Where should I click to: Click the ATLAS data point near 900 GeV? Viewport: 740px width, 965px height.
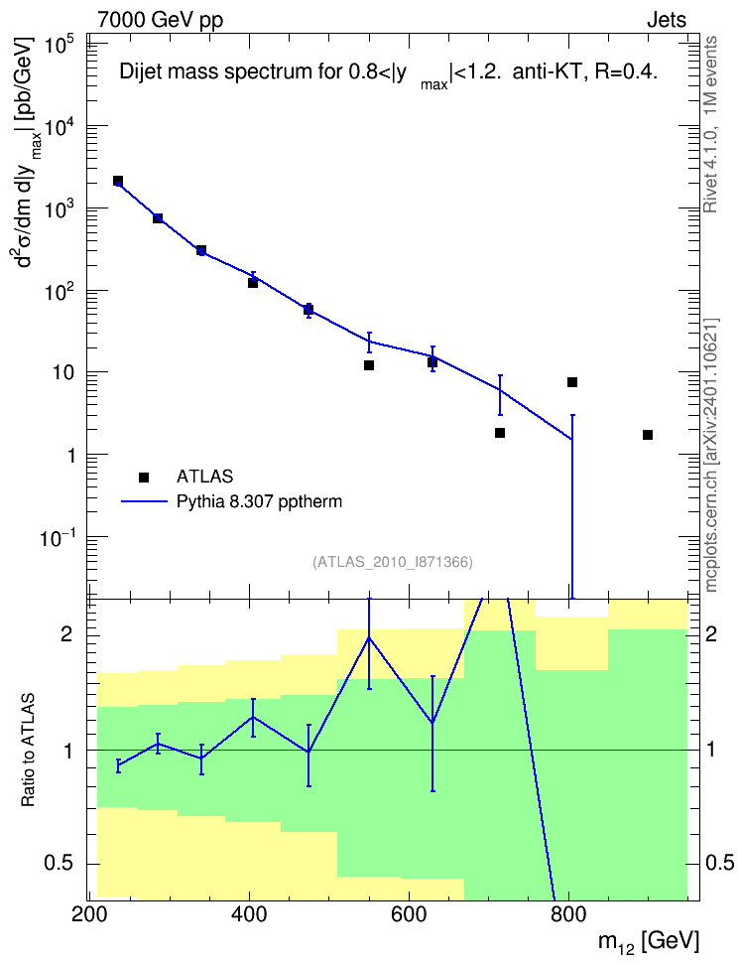click(647, 435)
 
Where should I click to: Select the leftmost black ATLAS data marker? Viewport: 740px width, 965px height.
click(118, 181)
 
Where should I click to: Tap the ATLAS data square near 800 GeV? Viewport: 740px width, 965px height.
click(572, 382)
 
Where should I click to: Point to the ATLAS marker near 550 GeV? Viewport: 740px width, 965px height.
click(369, 365)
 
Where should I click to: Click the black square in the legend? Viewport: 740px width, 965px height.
click(144, 477)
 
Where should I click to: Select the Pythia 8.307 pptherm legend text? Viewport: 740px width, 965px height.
click(259, 501)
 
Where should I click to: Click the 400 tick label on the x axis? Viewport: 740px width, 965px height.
click(249, 914)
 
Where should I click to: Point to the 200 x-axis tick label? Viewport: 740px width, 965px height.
click(90, 914)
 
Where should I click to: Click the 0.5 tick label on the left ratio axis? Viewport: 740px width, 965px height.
click(60, 864)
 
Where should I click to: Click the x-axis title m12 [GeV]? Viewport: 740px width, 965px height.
click(649, 942)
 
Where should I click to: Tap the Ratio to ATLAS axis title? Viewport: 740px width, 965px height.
click(29, 751)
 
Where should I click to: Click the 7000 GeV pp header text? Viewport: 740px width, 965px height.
click(160, 20)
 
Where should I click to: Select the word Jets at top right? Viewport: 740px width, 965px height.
click(667, 20)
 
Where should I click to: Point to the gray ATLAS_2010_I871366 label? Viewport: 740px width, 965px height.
click(393, 562)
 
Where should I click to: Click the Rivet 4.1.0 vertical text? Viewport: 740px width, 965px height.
click(710, 125)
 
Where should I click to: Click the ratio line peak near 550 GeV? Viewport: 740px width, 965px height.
click(369, 637)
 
